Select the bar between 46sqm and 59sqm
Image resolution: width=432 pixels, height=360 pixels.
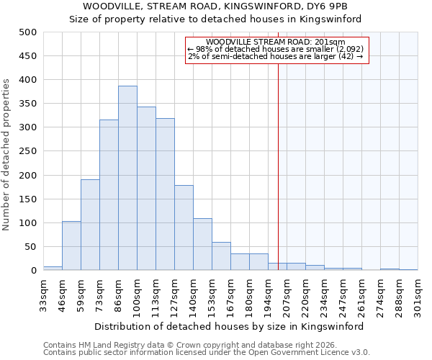pos(71,246)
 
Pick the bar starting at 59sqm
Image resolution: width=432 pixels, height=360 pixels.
pos(90,225)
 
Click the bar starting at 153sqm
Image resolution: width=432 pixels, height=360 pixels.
pos(221,256)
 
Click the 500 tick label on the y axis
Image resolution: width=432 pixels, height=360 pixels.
pos(28,32)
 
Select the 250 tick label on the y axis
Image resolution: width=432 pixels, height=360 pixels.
pos(28,151)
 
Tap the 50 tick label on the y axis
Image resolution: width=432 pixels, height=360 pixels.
pos(31,247)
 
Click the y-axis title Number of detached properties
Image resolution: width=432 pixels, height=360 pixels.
pos(7,155)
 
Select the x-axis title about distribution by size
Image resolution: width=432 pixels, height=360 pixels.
pos(229,326)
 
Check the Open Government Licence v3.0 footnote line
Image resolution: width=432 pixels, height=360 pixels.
pos(207,353)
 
